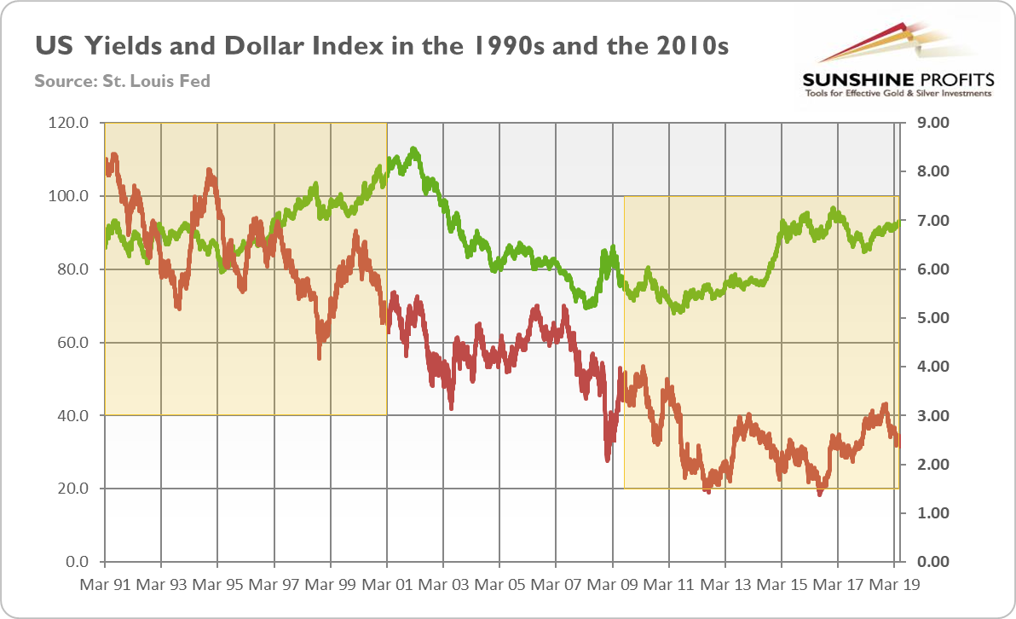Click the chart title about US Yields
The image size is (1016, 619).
coord(381,45)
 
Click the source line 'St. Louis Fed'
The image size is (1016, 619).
coord(122,82)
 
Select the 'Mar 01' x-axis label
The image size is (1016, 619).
coord(387,587)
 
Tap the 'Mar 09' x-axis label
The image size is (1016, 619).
coord(612,587)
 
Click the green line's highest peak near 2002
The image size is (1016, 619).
coord(414,149)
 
